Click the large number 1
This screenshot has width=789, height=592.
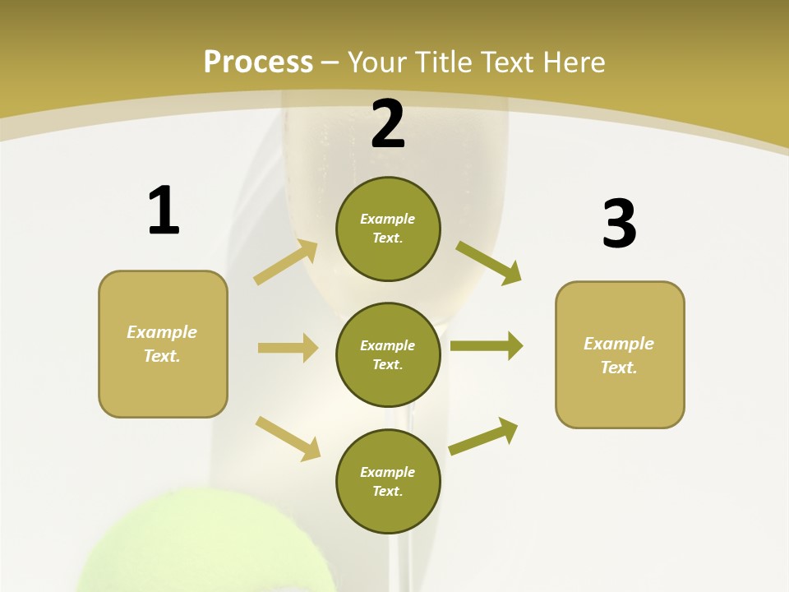tap(164, 211)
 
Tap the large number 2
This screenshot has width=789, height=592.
tap(388, 124)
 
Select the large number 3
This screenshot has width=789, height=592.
tap(619, 224)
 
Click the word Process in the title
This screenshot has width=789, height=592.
tap(258, 62)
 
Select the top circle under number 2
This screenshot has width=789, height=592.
tap(388, 229)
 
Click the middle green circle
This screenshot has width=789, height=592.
tap(388, 354)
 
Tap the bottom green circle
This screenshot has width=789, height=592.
tap(388, 481)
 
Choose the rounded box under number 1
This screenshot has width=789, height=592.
tap(163, 344)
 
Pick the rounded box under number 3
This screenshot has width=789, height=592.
tap(620, 354)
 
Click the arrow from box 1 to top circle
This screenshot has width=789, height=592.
tap(286, 262)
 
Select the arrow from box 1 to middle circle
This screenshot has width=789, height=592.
tap(288, 348)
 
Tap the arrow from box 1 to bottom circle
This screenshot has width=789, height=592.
tap(288, 438)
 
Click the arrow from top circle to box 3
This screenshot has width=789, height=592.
tap(489, 263)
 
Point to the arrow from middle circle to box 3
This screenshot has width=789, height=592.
tap(487, 345)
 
